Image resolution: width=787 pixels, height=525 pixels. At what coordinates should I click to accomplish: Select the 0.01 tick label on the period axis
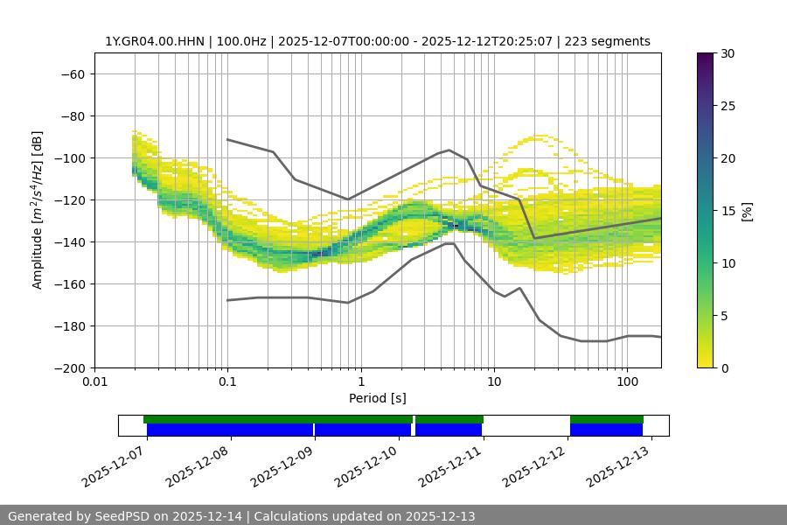(94, 382)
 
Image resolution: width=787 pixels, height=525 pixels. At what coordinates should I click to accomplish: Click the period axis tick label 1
(360, 382)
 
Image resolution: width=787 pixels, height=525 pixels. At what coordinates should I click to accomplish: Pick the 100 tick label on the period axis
(627, 382)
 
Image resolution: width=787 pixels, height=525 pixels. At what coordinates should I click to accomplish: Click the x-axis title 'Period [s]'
(377, 398)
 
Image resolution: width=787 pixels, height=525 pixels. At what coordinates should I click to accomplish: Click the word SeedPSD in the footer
(131, 516)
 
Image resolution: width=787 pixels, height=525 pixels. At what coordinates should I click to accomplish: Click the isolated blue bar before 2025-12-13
(606, 430)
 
